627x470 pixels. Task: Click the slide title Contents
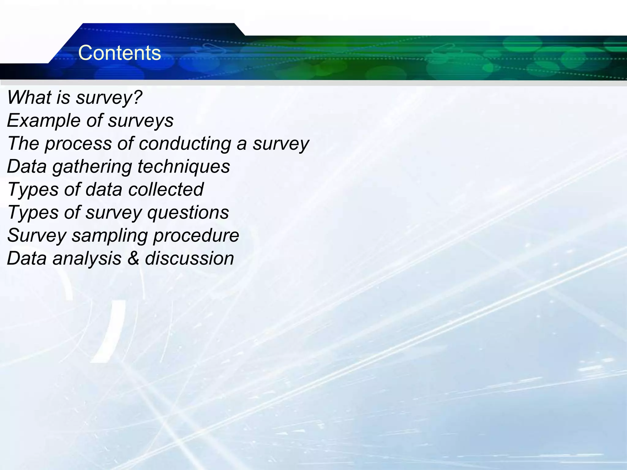tap(119, 53)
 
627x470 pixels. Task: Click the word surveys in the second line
tap(141, 121)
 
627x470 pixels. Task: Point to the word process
tap(78, 144)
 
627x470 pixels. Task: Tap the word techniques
tap(184, 167)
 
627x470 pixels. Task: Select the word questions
tap(188, 213)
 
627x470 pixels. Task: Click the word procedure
tap(196, 235)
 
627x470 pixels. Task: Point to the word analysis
tap(87, 259)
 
